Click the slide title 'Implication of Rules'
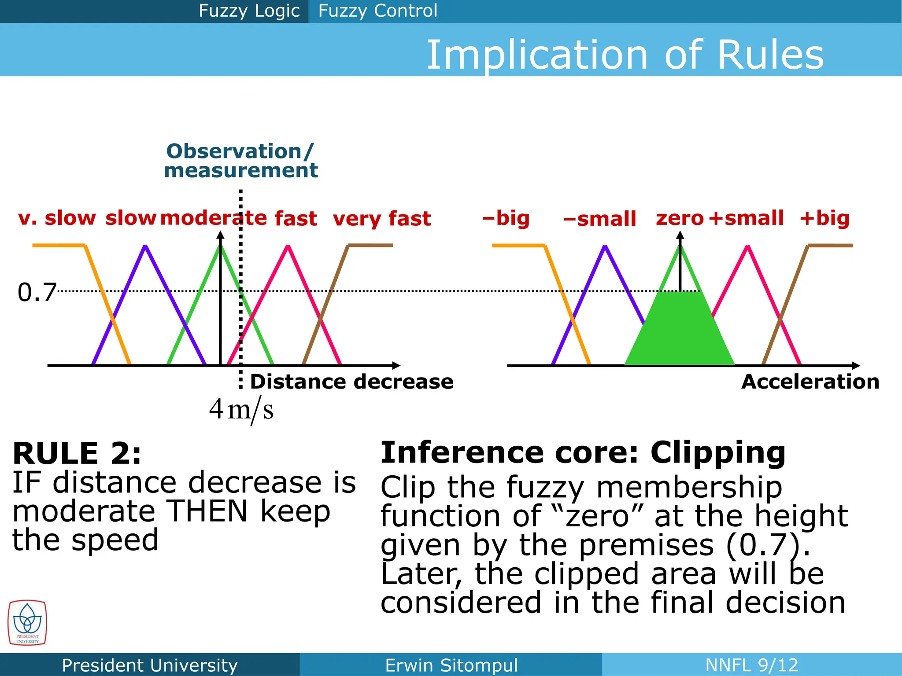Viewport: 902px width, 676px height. tap(625, 55)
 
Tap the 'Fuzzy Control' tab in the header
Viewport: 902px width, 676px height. tap(377, 11)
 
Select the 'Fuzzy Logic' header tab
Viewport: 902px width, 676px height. tap(249, 11)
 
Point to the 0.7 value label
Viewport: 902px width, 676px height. tap(37, 292)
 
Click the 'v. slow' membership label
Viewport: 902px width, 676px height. tap(57, 218)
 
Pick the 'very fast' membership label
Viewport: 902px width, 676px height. tap(381, 219)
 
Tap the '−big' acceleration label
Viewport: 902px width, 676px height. tap(506, 218)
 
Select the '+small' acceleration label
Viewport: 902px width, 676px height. tap(746, 218)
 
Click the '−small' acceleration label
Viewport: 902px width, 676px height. tap(600, 219)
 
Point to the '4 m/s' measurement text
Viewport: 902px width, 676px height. tap(241, 409)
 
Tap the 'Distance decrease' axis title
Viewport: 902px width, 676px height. tap(351, 382)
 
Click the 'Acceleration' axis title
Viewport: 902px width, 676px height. tap(810, 382)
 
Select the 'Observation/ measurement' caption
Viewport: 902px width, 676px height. tap(240, 161)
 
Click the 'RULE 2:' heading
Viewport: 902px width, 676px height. tap(77, 453)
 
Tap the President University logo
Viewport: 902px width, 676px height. tap(27, 623)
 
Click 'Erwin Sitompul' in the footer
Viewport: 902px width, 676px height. tap(451, 665)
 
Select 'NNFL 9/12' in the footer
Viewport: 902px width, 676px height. tap(751, 665)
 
